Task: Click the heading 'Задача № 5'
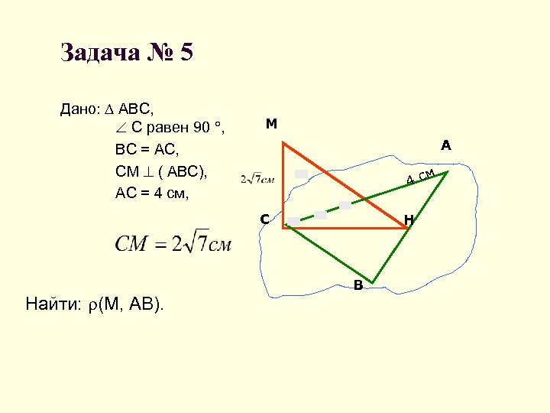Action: coord(127,53)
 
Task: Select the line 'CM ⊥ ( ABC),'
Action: coord(160,171)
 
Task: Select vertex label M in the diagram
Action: coord(271,124)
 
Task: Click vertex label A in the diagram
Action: coord(445,145)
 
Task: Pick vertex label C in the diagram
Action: coord(264,220)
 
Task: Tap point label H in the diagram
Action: coord(409,220)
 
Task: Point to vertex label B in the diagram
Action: coord(357,287)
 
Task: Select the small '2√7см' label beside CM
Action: coord(257,179)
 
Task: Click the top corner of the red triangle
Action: coord(283,142)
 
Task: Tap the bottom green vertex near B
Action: coord(373,281)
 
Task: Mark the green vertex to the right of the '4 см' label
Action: coord(448,171)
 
